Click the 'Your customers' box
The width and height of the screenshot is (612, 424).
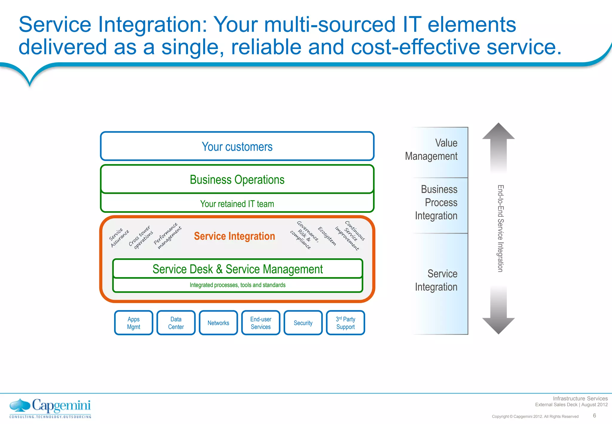[x=237, y=147]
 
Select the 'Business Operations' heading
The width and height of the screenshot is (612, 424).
[x=237, y=180]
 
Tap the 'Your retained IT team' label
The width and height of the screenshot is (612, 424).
[x=237, y=204]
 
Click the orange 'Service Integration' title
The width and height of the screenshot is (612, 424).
[x=234, y=236]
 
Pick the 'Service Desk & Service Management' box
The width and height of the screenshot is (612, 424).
[x=238, y=269]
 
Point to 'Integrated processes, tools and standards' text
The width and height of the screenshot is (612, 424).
[x=238, y=285]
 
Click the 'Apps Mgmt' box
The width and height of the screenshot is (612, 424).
[x=134, y=323]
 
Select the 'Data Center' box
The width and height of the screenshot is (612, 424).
[x=176, y=323]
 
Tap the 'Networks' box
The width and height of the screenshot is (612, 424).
[x=218, y=323]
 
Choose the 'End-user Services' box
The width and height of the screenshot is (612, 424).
[x=261, y=323]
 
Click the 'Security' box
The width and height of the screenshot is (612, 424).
[x=303, y=323]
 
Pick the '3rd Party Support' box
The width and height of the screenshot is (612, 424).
[x=345, y=323]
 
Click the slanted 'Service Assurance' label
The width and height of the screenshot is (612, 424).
[x=119, y=238]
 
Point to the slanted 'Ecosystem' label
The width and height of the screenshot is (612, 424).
[x=327, y=236]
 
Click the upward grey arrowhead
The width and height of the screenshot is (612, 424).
[x=498, y=132]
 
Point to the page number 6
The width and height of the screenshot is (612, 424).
[x=594, y=415]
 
